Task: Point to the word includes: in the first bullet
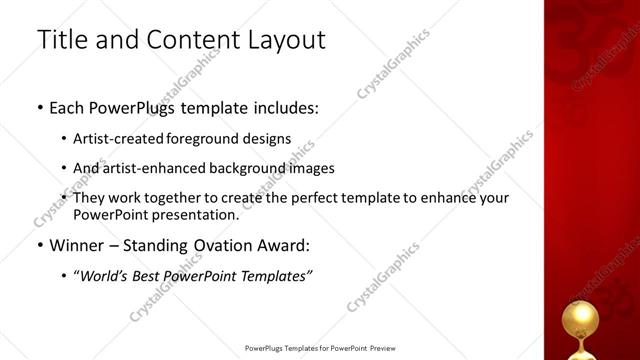tap(286, 106)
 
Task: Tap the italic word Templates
tap(271, 275)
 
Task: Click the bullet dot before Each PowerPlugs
tap(39, 107)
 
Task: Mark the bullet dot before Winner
tap(39, 246)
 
